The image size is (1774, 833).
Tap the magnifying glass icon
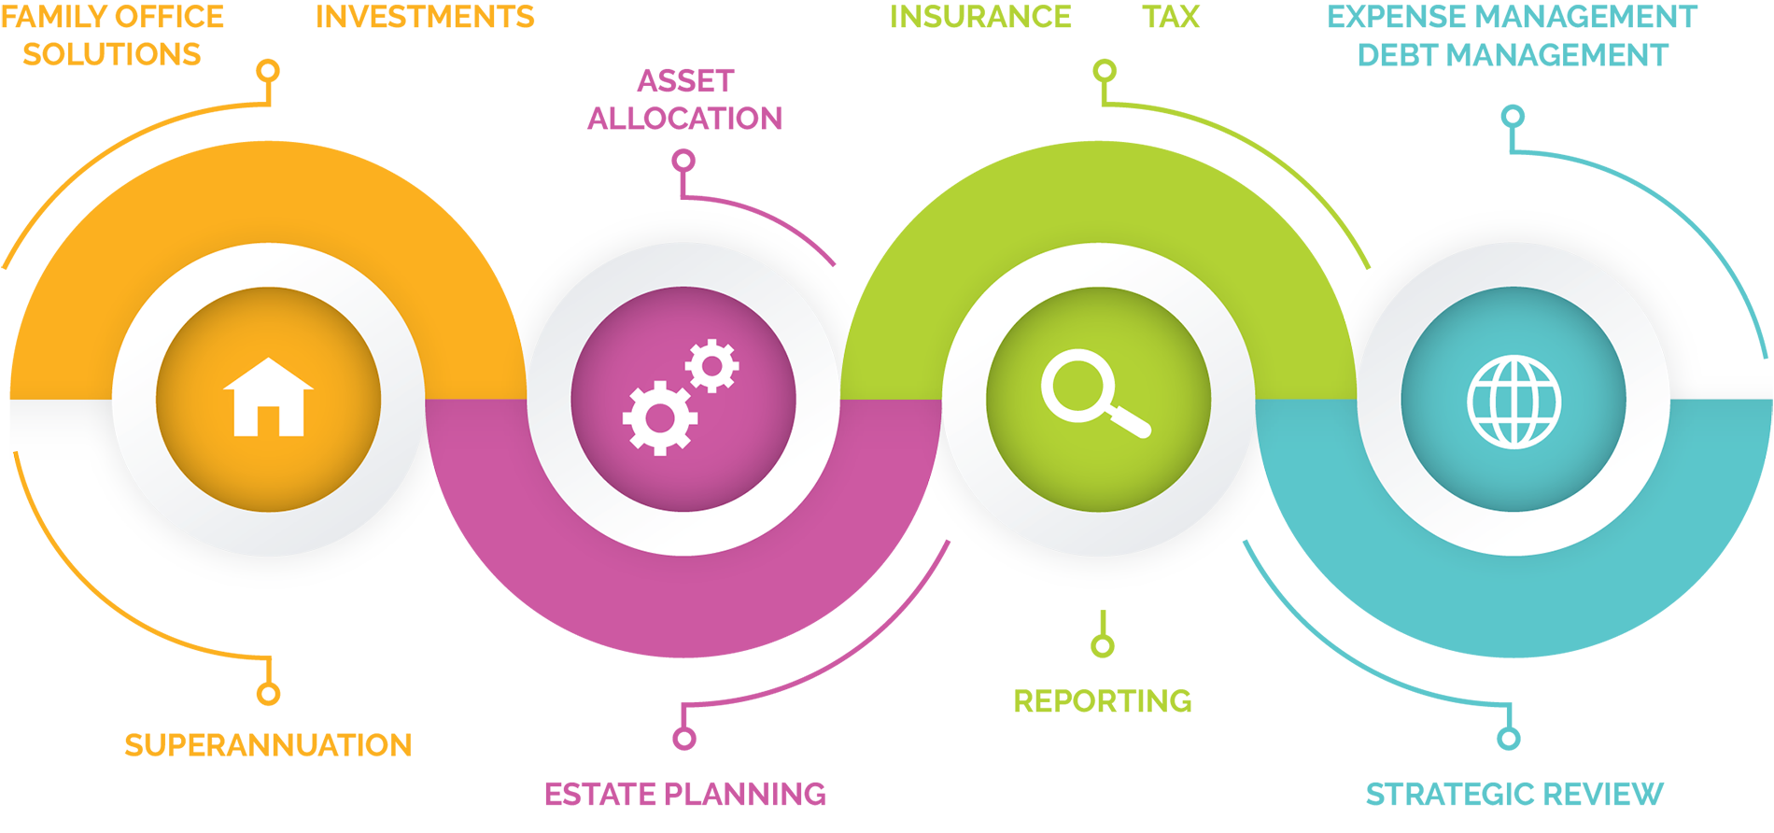pos(1095,393)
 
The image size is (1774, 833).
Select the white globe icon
pos(1514,402)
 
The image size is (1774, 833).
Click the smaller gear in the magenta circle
pos(712,365)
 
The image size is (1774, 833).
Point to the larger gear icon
pos(660,417)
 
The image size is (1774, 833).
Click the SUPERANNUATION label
pos(268,745)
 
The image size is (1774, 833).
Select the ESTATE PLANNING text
pos(685,794)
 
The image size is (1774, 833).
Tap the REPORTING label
pos(1103,700)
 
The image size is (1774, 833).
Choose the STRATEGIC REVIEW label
pos(1514,794)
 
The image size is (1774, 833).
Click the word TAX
pos(1171,17)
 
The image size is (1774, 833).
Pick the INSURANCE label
pos(980,17)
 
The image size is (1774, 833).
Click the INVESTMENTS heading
pos(425,17)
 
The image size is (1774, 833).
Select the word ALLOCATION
pos(685,119)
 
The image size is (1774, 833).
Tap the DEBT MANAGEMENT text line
pos(1513,55)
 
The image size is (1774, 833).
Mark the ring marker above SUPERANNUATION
pos(269,694)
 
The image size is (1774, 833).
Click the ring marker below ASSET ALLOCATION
pos(684,161)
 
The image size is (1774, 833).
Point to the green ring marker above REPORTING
pos(1103,645)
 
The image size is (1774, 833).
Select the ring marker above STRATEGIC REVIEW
pos(1509,739)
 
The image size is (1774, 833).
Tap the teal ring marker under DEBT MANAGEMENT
pos(1514,117)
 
